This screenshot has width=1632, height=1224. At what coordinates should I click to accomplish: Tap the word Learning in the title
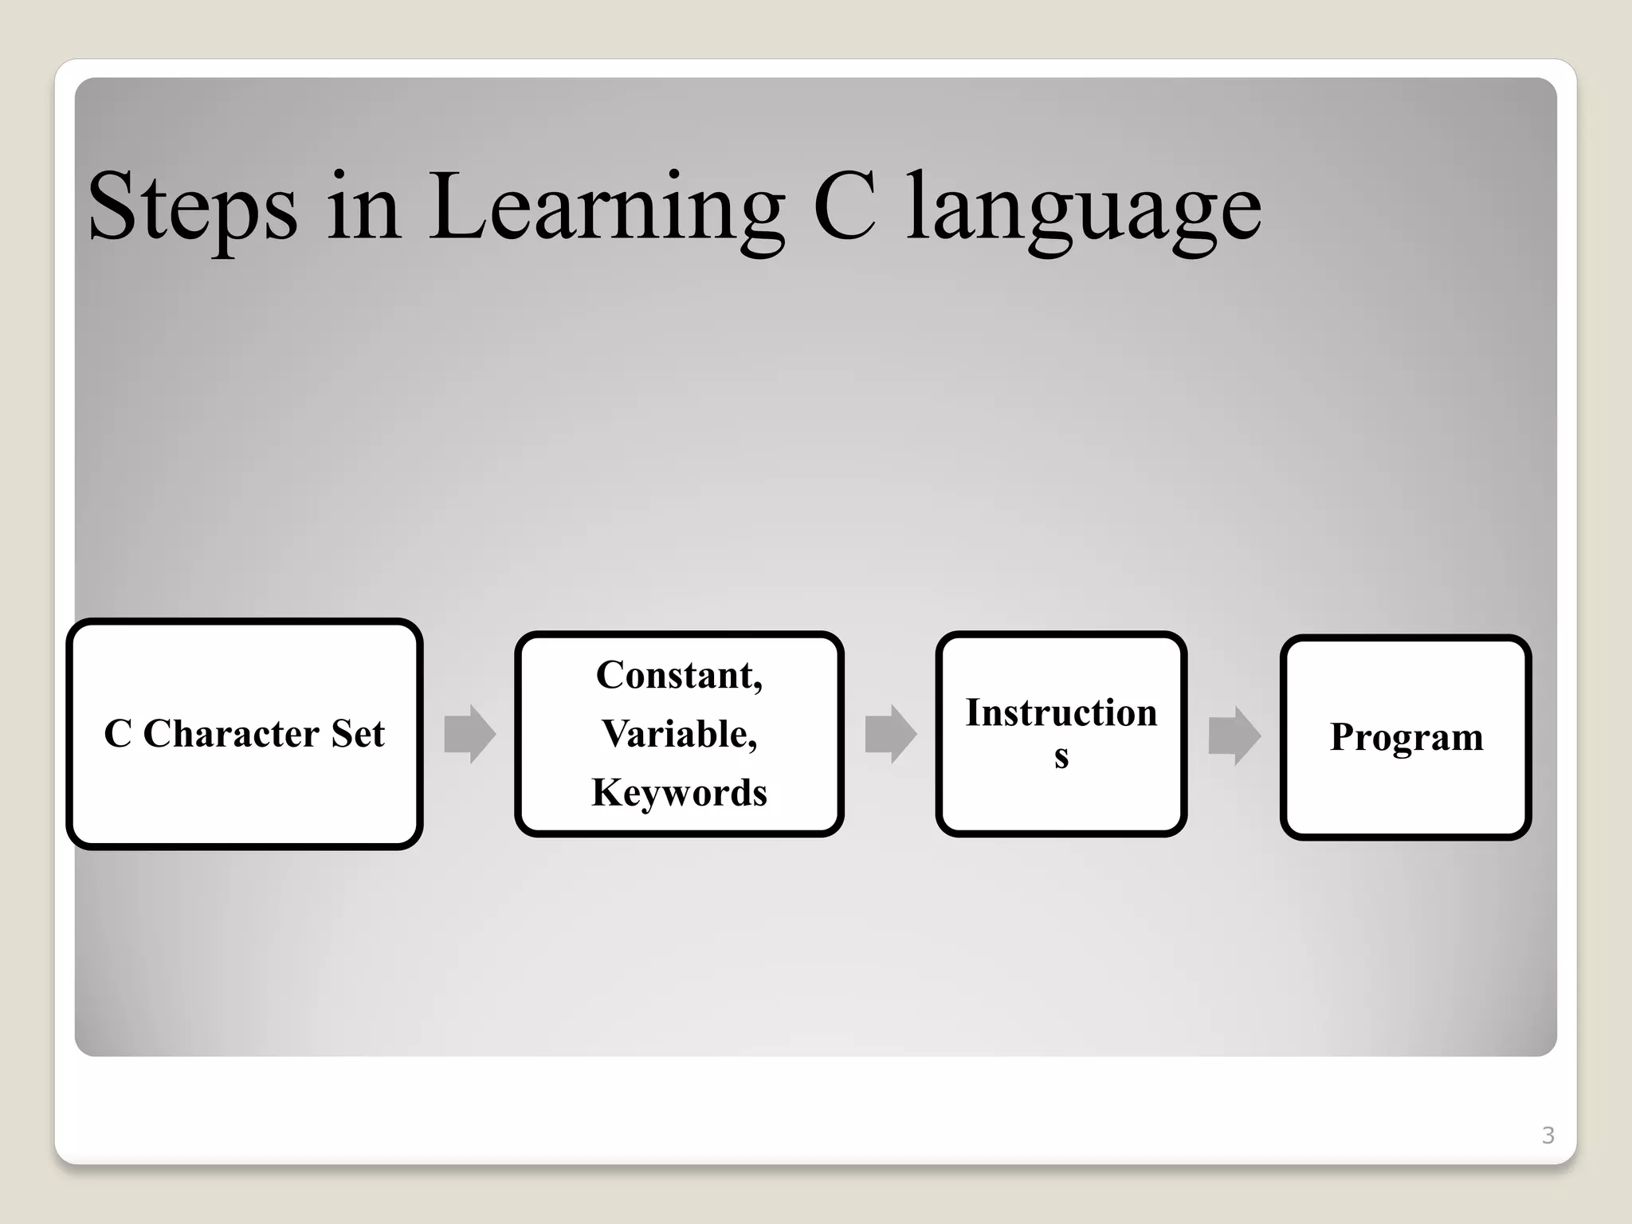point(606,207)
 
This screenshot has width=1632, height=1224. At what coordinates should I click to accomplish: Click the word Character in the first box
point(230,734)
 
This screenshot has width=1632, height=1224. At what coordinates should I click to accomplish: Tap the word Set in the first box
point(358,734)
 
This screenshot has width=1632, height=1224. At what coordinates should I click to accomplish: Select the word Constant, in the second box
point(679,676)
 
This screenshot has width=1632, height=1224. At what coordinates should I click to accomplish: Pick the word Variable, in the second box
point(679,734)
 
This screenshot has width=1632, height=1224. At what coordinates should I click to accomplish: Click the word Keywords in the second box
point(679,793)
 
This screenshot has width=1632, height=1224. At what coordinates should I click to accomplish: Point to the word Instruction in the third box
point(1061,713)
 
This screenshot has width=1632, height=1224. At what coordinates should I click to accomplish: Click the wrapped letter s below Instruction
point(1061,756)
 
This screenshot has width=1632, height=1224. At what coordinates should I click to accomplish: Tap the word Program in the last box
point(1406,737)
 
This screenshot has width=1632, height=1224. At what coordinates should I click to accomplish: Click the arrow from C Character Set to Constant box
point(469,734)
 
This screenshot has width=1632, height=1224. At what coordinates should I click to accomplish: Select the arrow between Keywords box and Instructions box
point(890,734)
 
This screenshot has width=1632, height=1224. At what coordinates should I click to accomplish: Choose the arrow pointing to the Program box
point(1234,736)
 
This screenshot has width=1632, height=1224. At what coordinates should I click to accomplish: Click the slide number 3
point(1548,1135)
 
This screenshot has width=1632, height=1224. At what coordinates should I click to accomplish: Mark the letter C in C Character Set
point(118,734)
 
